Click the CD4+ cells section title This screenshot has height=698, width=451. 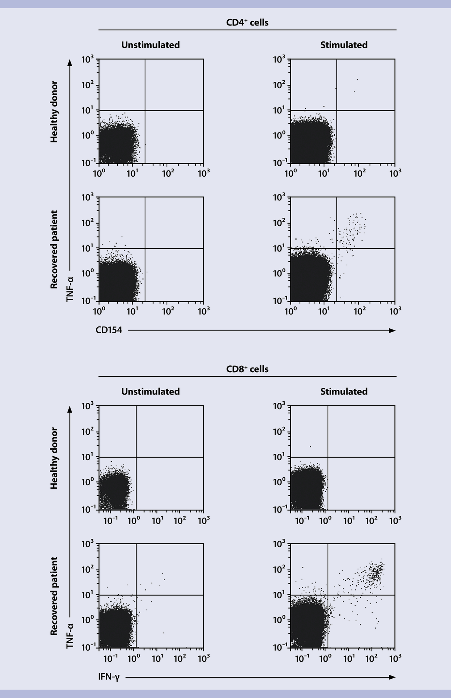click(247, 23)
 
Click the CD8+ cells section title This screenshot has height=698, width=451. click(247, 369)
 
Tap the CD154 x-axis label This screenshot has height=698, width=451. click(109, 330)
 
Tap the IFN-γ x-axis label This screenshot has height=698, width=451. click(109, 677)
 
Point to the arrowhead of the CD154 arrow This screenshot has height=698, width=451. click(392, 330)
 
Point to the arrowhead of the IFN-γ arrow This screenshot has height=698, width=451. click(392, 677)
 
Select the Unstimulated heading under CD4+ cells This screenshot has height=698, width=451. click(150, 45)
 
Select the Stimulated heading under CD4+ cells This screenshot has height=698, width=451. click(344, 45)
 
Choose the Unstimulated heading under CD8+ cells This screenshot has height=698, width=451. click(150, 392)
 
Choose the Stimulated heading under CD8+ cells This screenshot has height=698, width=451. click(344, 392)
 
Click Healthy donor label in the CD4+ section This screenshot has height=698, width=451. click(54, 112)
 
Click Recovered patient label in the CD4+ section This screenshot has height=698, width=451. click(54, 249)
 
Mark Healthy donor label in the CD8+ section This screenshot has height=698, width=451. click(54, 458)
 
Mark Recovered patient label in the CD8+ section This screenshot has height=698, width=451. click(54, 596)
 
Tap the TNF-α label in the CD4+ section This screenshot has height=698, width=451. click(70, 289)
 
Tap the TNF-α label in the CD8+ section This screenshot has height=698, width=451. click(70, 635)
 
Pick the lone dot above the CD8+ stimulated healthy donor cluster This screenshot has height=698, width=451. click(310, 446)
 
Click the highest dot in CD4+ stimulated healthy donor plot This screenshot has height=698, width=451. click(357, 79)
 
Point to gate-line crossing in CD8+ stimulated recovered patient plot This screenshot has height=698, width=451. click(328, 595)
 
